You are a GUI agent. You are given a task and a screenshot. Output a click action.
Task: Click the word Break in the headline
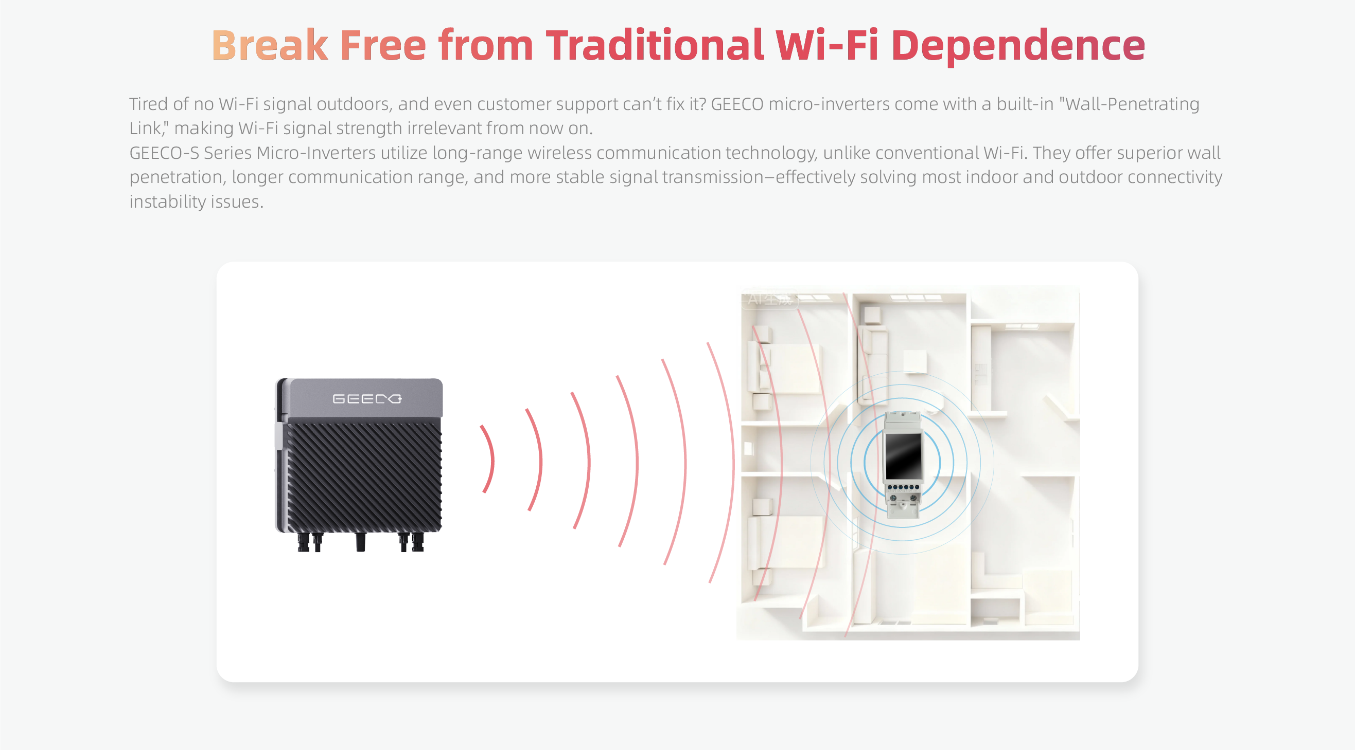pyautogui.click(x=270, y=45)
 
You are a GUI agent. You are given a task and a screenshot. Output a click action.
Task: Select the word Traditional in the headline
pyautogui.click(x=655, y=45)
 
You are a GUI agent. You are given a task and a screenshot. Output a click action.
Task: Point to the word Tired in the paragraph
pyautogui.click(x=148, y=104)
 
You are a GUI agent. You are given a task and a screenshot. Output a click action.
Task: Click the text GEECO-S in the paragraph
pyautogui.click(x=164, y=153)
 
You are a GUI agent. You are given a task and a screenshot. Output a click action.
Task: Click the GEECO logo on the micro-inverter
pyautogui.click(x=367, y=399)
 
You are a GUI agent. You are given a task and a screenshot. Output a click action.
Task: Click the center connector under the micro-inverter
pyautogui.click(x=360, y=542)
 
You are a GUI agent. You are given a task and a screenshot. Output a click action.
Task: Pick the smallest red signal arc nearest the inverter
pyautogui.click(x=488, y=459)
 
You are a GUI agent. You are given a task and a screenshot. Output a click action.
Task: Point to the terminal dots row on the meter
pyautogui.click(x=903, y=488)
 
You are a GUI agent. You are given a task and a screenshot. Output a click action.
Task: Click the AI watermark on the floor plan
pyautogui.click(x=769, y=300)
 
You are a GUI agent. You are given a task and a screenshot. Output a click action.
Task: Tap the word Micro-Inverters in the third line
pyautogui.click(x=316, y=153)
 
